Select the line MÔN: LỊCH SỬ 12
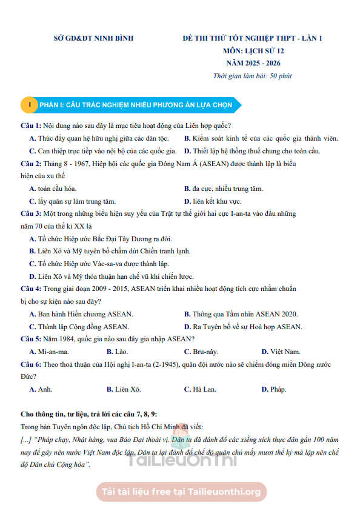pyautogui.click(x=253, y=51)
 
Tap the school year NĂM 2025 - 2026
pyautogui.click(x=253, y=63)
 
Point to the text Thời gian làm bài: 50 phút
pyautogui.click(x=252, y=76)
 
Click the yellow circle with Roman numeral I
pyautogui.click(x=29, y=105)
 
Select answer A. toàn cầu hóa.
pyautogui.click(x=53, y=189)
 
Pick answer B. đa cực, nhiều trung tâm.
pyautogui.click(x=223, y=189)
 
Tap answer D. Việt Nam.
pyautogui.click(x=281, y=352)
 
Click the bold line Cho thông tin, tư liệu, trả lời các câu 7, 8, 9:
pyautogui.click(x=88, y=414)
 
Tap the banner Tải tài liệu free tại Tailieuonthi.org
pyautogui.click(x=181, y=492)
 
